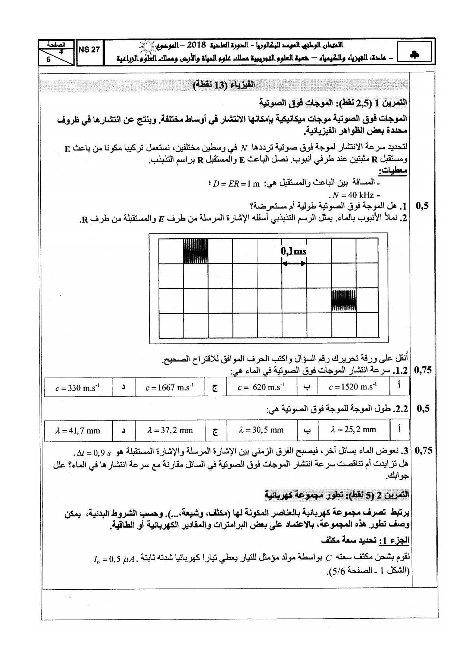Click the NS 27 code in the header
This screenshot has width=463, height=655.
click(89, 50)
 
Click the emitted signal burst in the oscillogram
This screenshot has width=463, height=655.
click(195, 251)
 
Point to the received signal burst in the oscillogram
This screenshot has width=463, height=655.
click(344, 300)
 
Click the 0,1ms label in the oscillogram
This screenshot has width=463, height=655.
click(294, 251)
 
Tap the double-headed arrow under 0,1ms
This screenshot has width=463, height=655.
click(294, 263)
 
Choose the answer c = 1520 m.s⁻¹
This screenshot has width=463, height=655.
click(353, 387)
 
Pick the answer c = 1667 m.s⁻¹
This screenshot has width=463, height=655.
click(169, 387)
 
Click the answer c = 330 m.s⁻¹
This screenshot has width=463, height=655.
click(77, 388)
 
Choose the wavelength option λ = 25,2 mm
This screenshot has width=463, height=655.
click(353, 429)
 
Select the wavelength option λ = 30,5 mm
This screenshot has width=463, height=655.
click(261, 430)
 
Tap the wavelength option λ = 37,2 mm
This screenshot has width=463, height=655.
click(170, 430)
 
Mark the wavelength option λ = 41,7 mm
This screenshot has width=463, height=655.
click(78, 431)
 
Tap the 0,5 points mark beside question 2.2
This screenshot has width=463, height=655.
click(423, 409)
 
